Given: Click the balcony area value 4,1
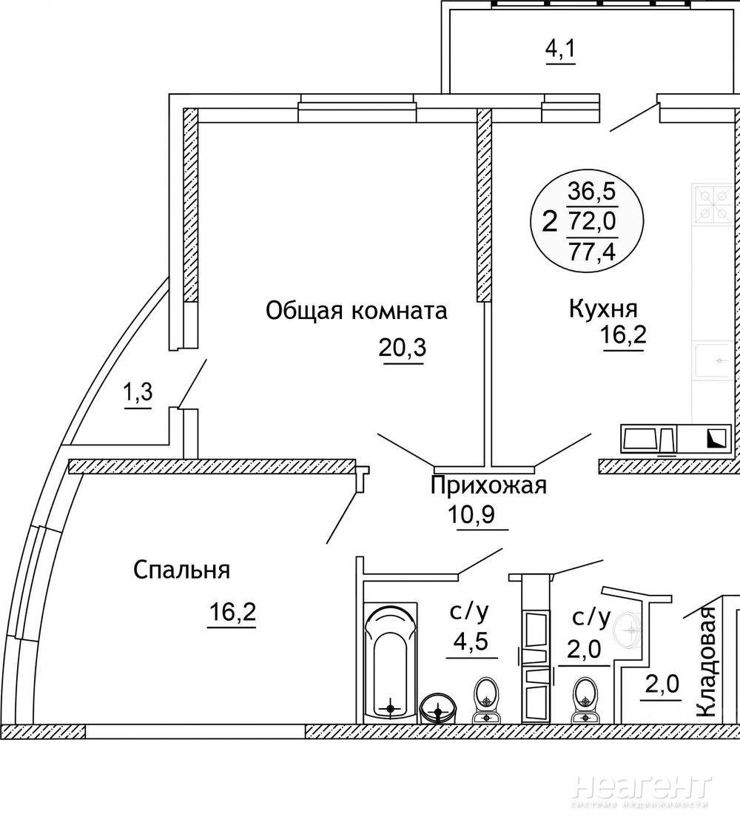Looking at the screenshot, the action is [560, 49].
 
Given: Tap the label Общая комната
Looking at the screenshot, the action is [356, 311].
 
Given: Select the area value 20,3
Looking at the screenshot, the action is [402, 348].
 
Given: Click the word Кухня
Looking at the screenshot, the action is [603, 309].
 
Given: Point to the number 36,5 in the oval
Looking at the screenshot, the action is [592, 191].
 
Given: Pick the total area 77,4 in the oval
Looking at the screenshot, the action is [592, 252].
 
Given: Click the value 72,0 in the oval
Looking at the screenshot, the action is [592, 221].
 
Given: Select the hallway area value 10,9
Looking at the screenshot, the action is [471, 514].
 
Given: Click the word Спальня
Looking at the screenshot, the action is [181, 570].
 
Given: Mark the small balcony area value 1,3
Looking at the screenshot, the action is [138, 392].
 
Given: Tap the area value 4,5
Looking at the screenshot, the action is [470, 642].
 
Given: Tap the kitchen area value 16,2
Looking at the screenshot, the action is [623, 334].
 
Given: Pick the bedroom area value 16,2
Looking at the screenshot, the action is [232, 613].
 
